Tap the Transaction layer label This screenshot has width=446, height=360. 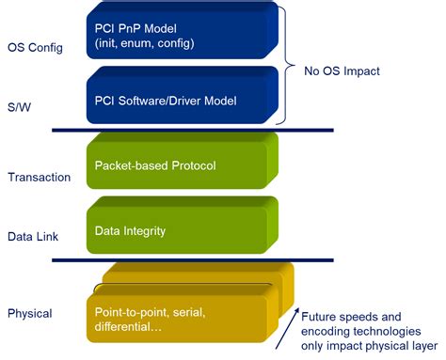tap(39, 177)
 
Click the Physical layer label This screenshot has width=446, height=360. tap(30, 313)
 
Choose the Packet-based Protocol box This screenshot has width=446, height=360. tap(179, 164)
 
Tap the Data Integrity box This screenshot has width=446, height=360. tap(179, 228)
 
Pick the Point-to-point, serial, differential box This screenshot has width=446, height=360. tap(179, 318)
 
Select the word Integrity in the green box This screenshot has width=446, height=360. tap(147, 229)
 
